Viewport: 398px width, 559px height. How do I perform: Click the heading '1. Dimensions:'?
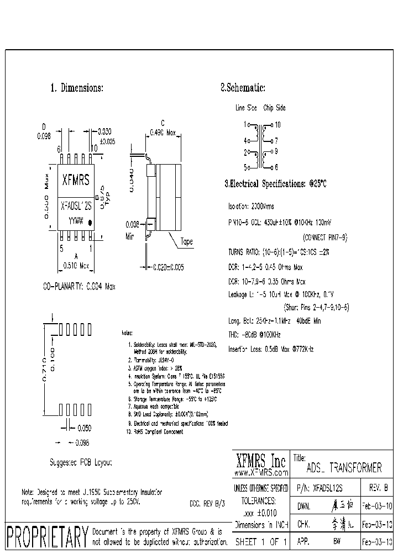click(x=77, y=88)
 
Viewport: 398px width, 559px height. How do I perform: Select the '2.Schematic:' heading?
click(x=243, y=88)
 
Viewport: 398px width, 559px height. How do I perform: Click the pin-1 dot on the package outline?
click(x=92, y=224)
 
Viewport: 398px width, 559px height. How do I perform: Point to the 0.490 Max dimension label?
click(x=163, y=133)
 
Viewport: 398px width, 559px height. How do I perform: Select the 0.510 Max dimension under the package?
click(x=77, y=265)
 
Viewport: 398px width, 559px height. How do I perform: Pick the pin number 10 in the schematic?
click(x=277, y=125)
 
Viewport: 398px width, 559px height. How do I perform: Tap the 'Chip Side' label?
click(x=274, y=108)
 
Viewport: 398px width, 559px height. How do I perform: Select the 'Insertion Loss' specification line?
click(x=271, y=349)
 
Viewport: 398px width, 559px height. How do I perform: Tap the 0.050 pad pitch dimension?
click(x=84, y=428)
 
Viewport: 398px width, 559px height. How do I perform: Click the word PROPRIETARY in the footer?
click(x=47, y=535)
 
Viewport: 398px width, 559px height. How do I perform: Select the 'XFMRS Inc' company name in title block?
click(x=261, y=461)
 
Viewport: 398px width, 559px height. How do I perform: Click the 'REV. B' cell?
click(x=378, y=488)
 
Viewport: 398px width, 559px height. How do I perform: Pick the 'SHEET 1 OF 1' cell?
click(x=261, y=542)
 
